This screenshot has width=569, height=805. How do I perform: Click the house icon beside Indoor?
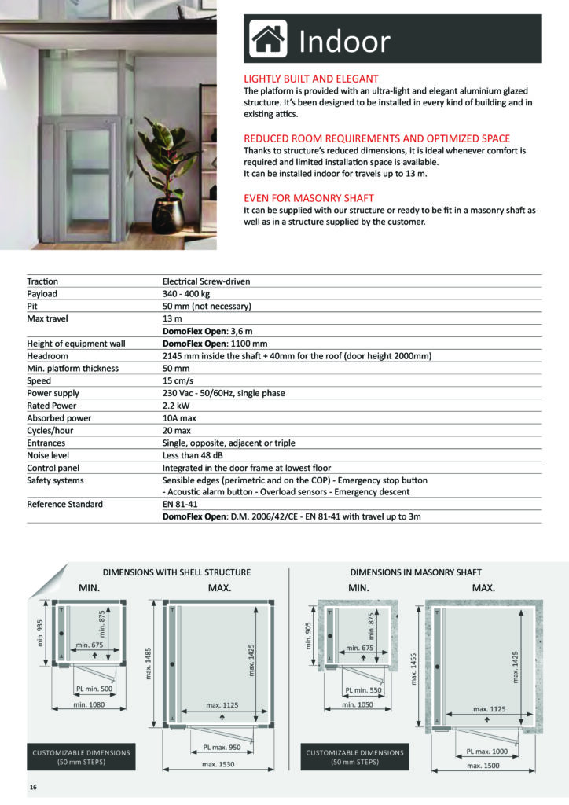tap(268, 39)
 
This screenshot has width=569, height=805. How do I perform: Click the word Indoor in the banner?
tap(344, 41)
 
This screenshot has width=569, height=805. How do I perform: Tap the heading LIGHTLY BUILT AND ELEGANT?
tap(311, 79)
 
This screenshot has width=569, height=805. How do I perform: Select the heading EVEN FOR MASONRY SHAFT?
tap(309, 198)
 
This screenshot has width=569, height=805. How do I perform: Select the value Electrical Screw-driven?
tap(206, 281)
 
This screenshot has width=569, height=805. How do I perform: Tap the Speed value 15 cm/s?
tap(179, 380)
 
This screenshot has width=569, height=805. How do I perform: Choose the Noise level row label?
tap(49, 455)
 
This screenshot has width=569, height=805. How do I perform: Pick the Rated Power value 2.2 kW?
tap(177, 406)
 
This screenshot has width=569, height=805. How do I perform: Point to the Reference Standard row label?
tap(64, 504)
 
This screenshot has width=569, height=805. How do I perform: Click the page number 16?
tap(33, 787)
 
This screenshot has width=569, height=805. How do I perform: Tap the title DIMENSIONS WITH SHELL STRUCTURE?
tap(177, 572)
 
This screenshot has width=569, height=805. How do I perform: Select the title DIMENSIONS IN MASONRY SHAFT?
tap(416, 572)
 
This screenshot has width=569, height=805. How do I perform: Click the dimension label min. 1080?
tap(89, 706)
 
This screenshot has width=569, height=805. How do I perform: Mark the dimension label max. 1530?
tap(218, 763)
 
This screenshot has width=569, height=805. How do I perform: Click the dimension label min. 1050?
tap(358, 706)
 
